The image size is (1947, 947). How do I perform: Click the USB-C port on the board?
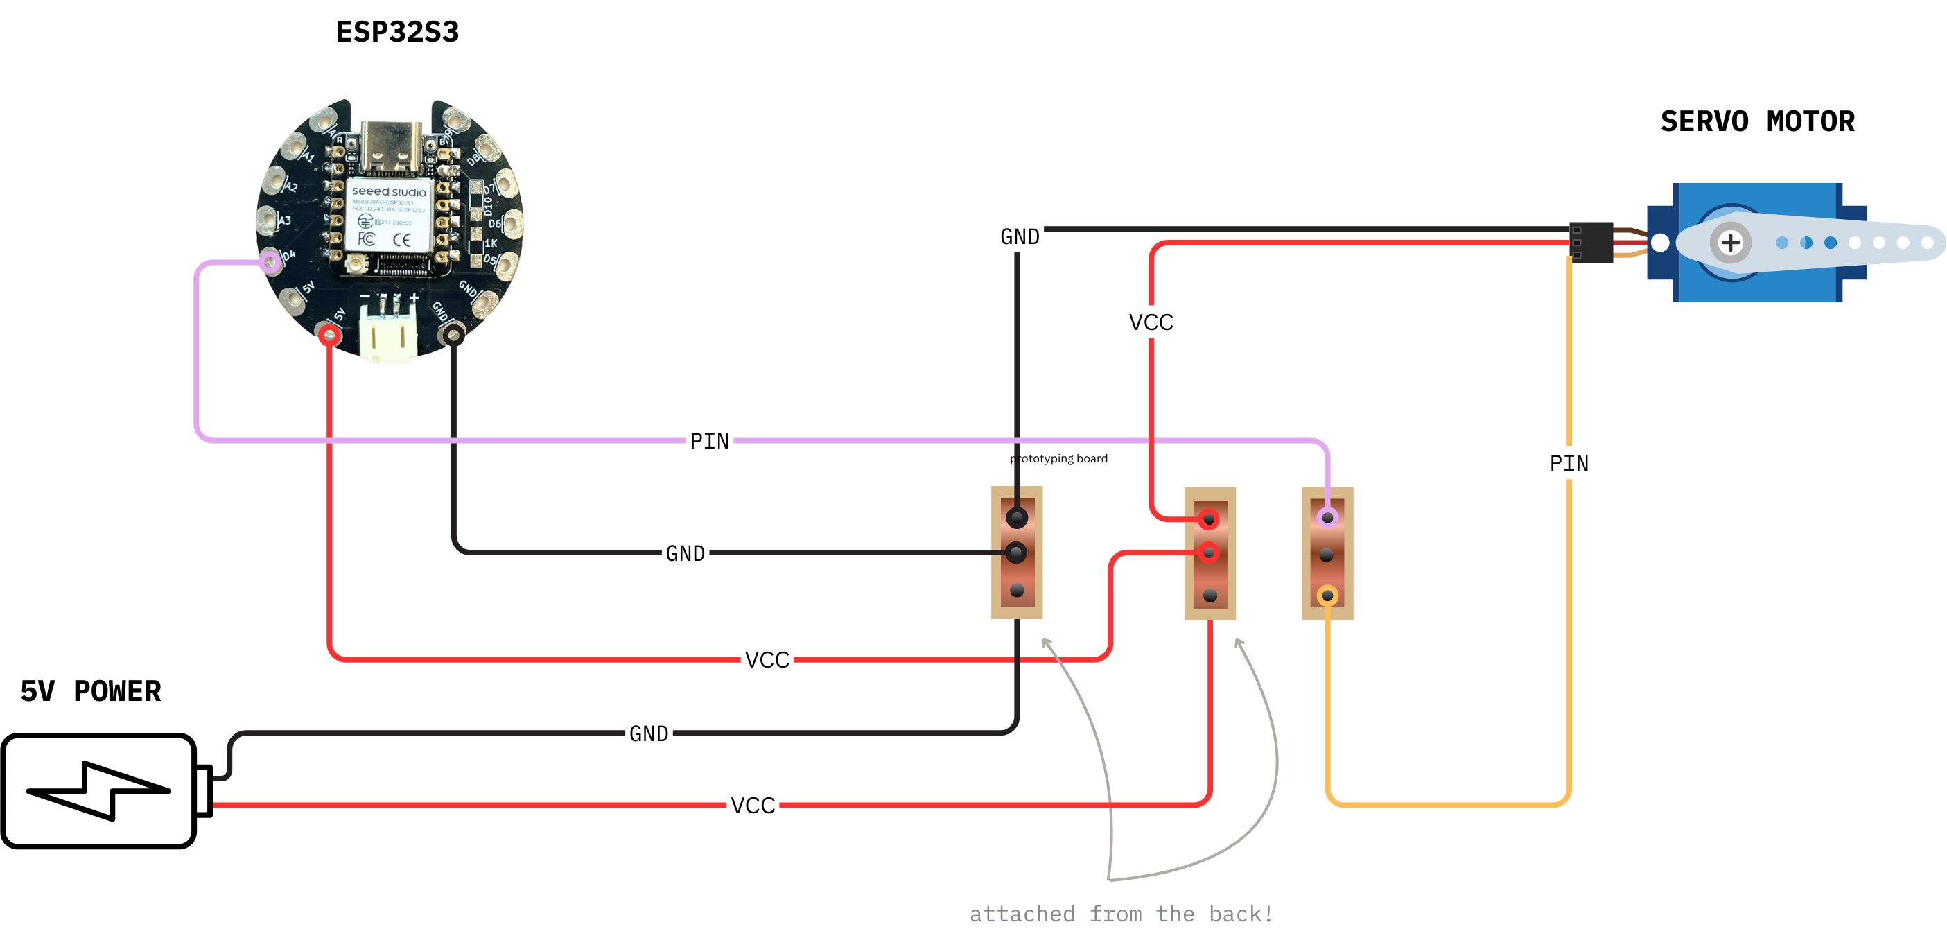coord(390,148)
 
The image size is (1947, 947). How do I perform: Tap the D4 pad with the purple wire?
coord(270,262)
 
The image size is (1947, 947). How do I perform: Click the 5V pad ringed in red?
coord(329,334)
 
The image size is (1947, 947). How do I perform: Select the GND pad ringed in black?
coord(453,334)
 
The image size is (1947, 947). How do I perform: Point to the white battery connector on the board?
coord(388,333)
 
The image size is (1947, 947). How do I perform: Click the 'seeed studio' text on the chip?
coord(388,192)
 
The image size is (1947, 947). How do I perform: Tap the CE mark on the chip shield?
coord(402,241)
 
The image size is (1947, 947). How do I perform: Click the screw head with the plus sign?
coord(1730,243)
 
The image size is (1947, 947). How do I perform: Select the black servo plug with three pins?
coord(1590,243)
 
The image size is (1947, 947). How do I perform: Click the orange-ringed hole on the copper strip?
coord(1327,596)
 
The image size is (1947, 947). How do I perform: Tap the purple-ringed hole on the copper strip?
coord(1327,518)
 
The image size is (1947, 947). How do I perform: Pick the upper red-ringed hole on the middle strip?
coord(1210,519)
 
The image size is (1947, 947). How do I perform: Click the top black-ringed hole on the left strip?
coord(1017,518)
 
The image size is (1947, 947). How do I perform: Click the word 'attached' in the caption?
coord(1022,914)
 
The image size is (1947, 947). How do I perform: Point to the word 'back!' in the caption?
coord(1240,914)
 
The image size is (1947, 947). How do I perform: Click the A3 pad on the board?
coord(268,220)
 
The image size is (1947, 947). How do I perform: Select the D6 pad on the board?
coord(512,223)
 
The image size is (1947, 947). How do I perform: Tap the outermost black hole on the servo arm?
coord(1927,243)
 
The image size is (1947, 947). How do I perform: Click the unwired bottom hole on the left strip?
coord(1017,590)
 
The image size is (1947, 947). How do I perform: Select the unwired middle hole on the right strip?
coord(1327,555)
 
